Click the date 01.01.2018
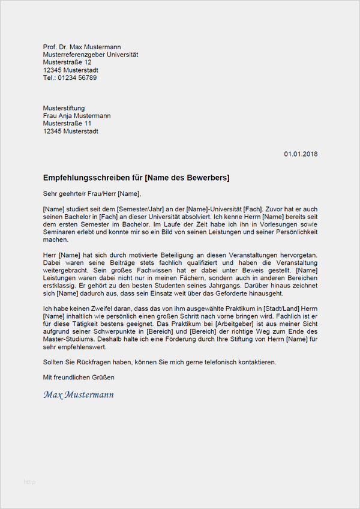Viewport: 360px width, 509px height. [x=301, y=154]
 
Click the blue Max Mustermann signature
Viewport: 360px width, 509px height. [x=79, y=394]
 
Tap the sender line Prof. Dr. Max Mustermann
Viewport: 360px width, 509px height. [x=82, y=47]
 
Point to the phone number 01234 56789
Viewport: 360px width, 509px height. [x=77, y=78]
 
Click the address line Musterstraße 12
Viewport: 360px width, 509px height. [x=67, y=62]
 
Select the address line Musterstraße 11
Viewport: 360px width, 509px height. [x=67, y=124]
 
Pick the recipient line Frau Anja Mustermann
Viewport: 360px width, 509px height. [x=77, y=116]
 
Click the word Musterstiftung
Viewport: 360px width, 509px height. [x=64, y=108]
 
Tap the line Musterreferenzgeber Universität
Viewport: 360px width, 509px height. [x=91, y=55]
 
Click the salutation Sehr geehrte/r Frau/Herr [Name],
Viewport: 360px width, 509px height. [x=92, y=193]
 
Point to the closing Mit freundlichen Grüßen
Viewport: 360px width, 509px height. [x=79, y=378]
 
